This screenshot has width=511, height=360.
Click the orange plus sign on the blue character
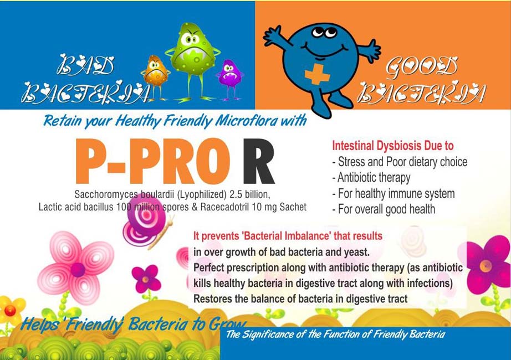317,74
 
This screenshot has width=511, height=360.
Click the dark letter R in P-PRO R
259,162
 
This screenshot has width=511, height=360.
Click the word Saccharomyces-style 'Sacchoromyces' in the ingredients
106,194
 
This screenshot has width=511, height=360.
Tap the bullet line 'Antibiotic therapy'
371,178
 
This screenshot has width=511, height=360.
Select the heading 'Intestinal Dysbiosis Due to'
393,146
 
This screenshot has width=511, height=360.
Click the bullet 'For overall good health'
384,209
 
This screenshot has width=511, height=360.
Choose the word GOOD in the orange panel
421,68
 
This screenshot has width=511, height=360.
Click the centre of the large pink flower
78,269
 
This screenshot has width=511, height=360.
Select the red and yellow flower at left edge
11,310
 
